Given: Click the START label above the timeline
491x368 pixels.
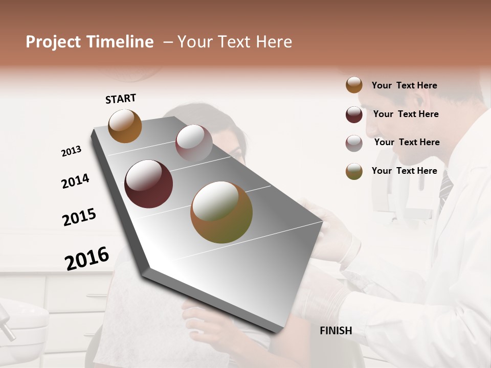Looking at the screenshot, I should [121, 99].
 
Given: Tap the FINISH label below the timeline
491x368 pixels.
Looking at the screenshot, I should [336, 331].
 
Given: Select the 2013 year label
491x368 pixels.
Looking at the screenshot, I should [71, 151].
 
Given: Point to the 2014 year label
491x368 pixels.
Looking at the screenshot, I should [75, 181].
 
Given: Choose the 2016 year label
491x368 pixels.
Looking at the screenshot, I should [87, 258].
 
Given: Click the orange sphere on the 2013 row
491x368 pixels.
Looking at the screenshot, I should [125, 126].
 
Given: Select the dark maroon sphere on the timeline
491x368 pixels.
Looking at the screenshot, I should [149, 184].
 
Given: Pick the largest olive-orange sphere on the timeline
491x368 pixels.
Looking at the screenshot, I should [221, 212].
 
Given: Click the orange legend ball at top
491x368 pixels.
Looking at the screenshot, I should [354, 85].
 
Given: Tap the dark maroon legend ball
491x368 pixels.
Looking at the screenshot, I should [354, 114].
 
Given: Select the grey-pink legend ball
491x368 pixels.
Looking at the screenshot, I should [354, 143].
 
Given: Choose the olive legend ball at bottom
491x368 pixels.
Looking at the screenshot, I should [354, 171].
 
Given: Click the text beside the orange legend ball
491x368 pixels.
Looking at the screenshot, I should [404, 85].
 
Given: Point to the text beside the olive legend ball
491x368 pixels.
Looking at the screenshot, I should [404, 171].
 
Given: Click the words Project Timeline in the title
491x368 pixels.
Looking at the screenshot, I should [90, 42].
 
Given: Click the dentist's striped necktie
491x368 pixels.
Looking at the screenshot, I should [445, 189].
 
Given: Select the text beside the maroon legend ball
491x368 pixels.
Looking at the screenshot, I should [406, 114].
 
